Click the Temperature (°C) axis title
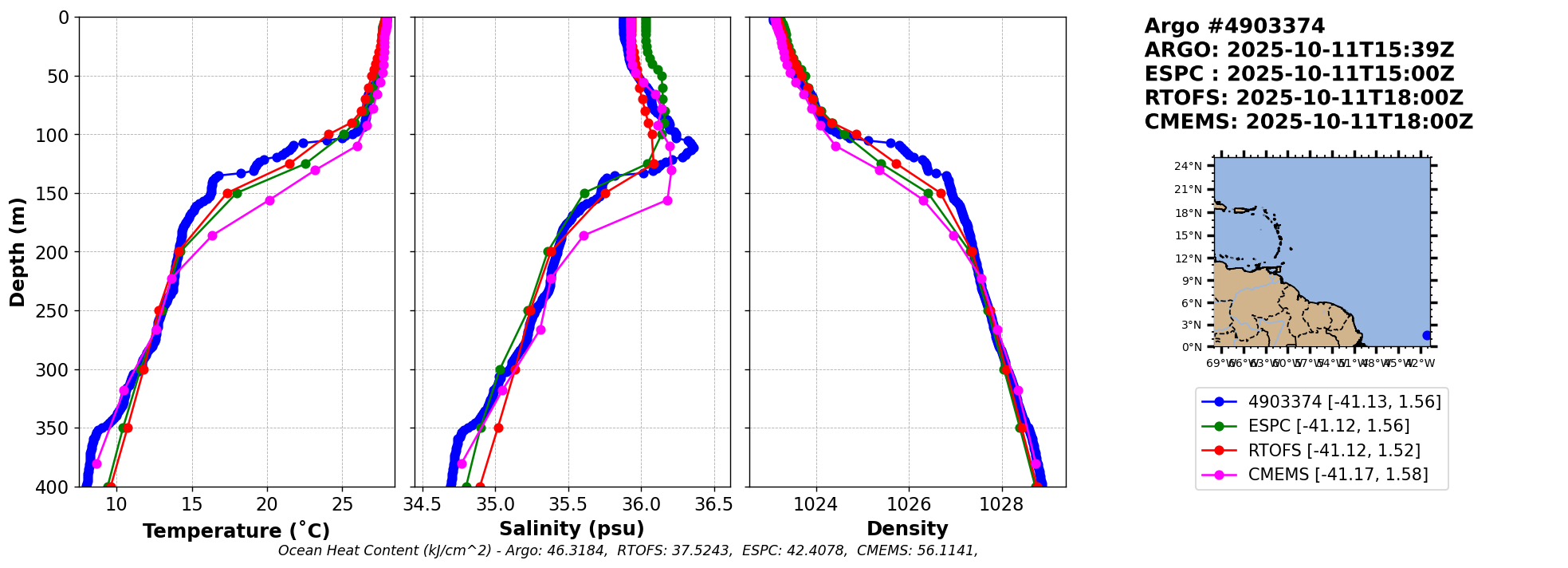[x=236, y=531]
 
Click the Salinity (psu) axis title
[x=572, y=529]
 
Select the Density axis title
[x=907, y=529]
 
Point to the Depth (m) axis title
[x=18, y=251]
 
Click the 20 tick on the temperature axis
[x=267, y=504]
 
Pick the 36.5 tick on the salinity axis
[x=713, y=504]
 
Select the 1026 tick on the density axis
[x=909, y=504]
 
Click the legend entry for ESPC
[x=1328, y=426]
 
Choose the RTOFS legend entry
[x=1334, y=451]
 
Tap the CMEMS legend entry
[x=1338, y=475]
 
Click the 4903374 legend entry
[x=1344, y=402]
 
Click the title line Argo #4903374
[x=1234, y=26]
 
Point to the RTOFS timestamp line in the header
[x=1303, y=98]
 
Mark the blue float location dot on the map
[x=1427, y=335]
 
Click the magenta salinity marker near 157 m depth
[x=667, y=200]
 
